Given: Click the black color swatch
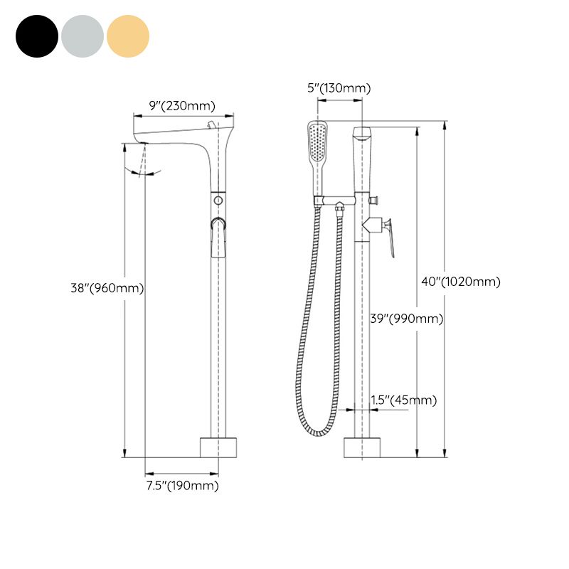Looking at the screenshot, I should [36, 36].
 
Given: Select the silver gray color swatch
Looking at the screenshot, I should [83, 36].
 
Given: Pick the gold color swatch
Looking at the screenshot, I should [128, 36].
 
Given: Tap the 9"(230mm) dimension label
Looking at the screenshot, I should [181, 105].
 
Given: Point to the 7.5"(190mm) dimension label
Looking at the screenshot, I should [182, 486].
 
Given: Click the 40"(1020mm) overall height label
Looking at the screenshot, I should [461, 282].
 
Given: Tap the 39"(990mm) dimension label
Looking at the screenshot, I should [407, 319].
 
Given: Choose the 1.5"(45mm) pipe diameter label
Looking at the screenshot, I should [404, 400].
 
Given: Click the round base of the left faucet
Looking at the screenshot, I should [218, 447].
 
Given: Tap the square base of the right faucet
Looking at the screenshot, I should [362, 447].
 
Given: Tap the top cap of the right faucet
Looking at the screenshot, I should [363, 133].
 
